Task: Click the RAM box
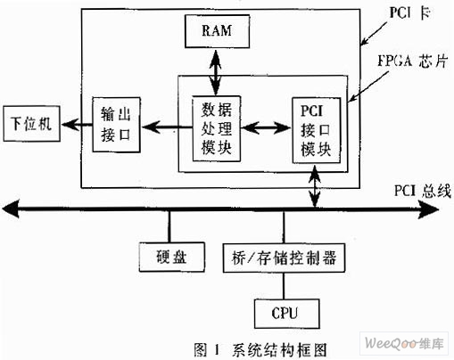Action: [217, 31]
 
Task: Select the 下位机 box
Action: [31, 124]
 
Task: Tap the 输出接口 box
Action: [116, 125]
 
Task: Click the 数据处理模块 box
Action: [217, 128]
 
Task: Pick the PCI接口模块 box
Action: [317, 130]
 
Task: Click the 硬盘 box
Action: [172, 258]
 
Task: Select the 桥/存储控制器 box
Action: [284, 258]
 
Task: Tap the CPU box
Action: [287, 314]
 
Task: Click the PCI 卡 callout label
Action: [409, 13]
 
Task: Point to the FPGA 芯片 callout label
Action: [412, 61]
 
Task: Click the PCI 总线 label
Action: [422, 191]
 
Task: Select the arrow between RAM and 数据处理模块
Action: [216, 72]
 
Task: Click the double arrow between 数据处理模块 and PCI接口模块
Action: [267, 128]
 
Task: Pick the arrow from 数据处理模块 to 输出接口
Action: [167, 127]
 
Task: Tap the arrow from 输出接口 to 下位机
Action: [77, 124]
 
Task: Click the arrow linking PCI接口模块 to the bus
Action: [315, 186]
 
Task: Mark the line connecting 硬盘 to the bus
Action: [169, 227]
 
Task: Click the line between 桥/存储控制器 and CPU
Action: [284, 286]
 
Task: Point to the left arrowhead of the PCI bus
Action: [11, 209]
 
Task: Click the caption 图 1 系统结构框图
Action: [260, 349]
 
